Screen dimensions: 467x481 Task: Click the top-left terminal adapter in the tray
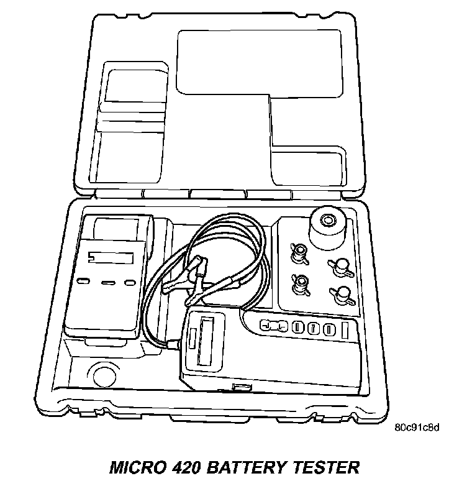click(298, 252)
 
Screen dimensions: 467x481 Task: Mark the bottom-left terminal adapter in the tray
click(300, 283)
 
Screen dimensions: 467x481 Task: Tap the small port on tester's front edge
click(238, 388)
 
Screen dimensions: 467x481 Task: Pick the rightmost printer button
click(130, 283)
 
